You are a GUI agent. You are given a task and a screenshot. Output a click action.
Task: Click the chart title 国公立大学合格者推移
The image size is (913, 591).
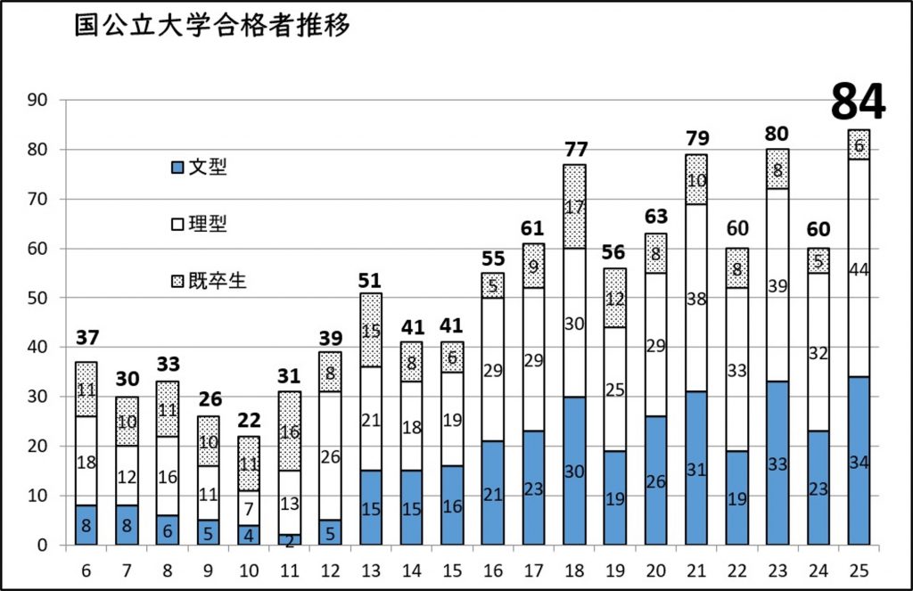(212, 26)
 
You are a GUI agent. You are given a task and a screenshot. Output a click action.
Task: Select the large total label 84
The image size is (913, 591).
(858, 103)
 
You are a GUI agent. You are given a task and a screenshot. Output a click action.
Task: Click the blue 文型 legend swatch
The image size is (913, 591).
(177, 167)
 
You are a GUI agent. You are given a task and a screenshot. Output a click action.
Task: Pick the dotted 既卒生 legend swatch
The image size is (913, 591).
(177, 282)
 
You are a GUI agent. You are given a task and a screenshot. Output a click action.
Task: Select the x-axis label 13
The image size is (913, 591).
(372, 569)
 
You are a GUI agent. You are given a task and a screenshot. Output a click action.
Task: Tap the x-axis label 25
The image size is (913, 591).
(859, 569)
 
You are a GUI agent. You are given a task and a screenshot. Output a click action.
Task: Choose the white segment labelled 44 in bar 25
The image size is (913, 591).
(859, 268)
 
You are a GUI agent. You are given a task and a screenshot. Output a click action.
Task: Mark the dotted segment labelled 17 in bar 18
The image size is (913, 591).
(575, 206)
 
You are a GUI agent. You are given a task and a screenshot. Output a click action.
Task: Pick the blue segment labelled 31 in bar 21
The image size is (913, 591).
(696, 468)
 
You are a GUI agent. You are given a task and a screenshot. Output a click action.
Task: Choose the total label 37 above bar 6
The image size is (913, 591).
(86, 338)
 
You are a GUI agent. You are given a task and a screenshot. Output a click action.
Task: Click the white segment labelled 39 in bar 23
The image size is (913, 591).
(777, 285)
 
